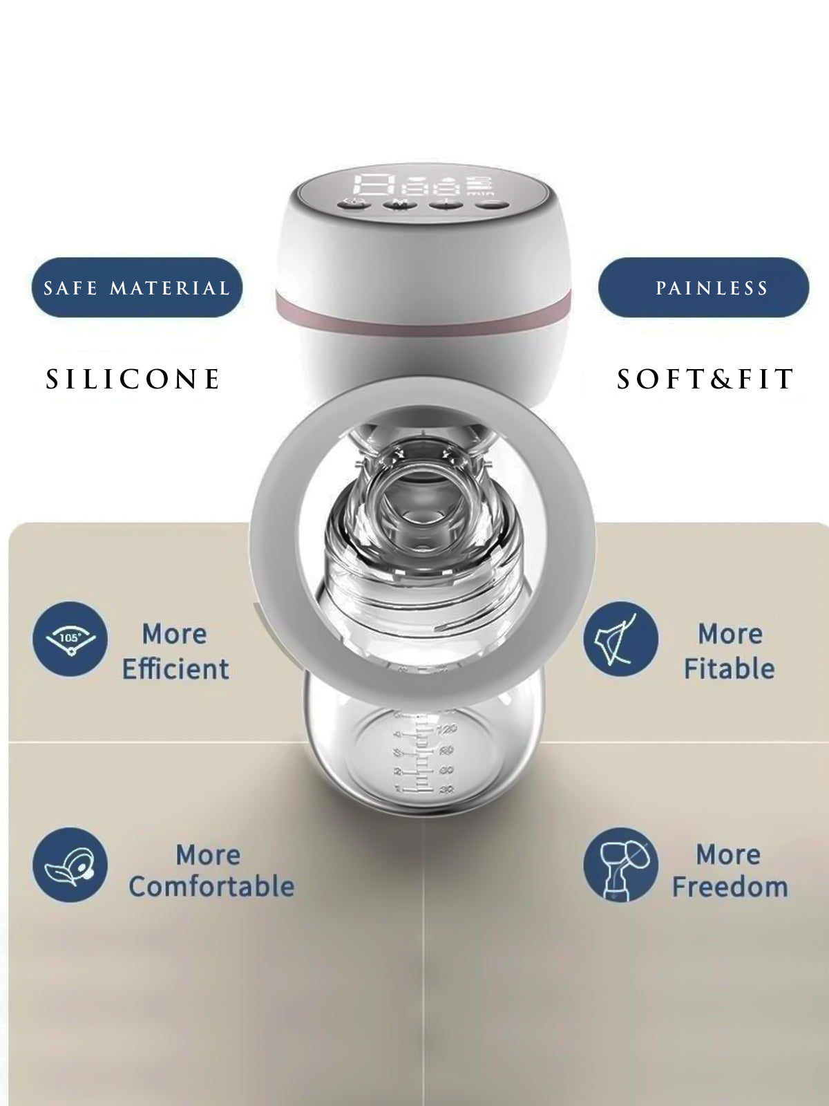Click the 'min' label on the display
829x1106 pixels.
pos(480,193)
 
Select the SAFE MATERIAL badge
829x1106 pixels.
pos(137,287)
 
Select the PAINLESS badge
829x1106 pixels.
pos(704,287)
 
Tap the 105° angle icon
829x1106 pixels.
pos(70,639)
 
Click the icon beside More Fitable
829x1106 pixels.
pos(620,639)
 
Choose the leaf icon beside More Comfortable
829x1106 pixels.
pos(70,864)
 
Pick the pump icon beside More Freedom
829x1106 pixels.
pos(620,864)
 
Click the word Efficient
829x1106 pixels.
pos(175,669)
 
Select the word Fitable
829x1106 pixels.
pos(730,669)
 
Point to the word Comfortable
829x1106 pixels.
pos(211,886)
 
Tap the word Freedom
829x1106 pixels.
pos(730,886)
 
